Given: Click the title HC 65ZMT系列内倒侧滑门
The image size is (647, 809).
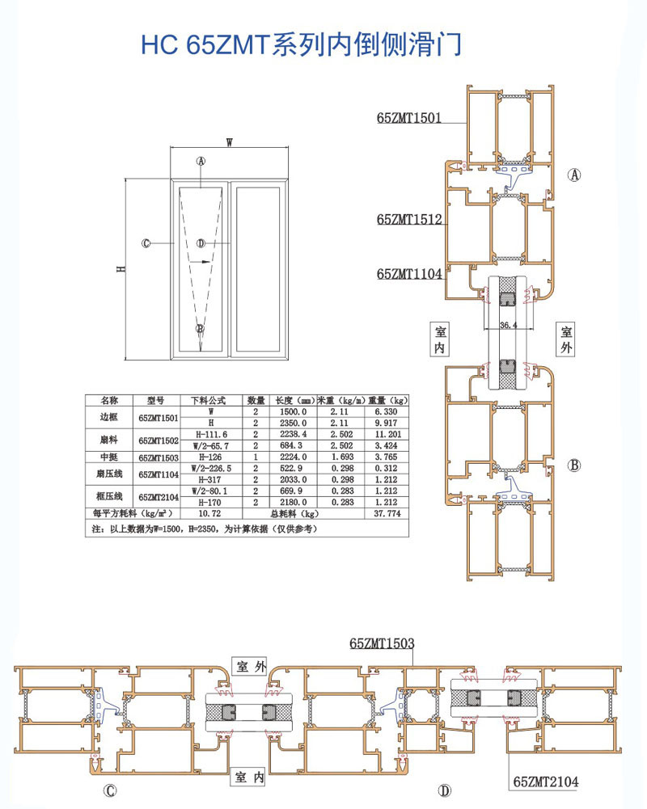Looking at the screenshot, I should tap(301, 44).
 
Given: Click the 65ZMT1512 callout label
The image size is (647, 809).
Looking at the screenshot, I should tap(409, 219).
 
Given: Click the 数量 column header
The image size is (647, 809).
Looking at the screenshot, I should tap(256, 400).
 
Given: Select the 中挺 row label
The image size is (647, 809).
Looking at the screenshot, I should tap(109, 457).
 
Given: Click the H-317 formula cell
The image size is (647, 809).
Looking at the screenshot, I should tap(210, 479).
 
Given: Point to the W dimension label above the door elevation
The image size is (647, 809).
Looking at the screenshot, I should tap(230, 142).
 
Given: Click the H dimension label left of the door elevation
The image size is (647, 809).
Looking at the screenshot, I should tap(119, 268).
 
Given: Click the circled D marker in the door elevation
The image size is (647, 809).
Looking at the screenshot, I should tap(201, 243).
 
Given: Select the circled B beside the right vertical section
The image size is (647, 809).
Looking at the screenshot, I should tap(574, 465).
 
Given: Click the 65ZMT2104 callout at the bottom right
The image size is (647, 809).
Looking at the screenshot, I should tap(547, 782).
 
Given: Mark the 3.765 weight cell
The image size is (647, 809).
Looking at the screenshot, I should tap(387, 457).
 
